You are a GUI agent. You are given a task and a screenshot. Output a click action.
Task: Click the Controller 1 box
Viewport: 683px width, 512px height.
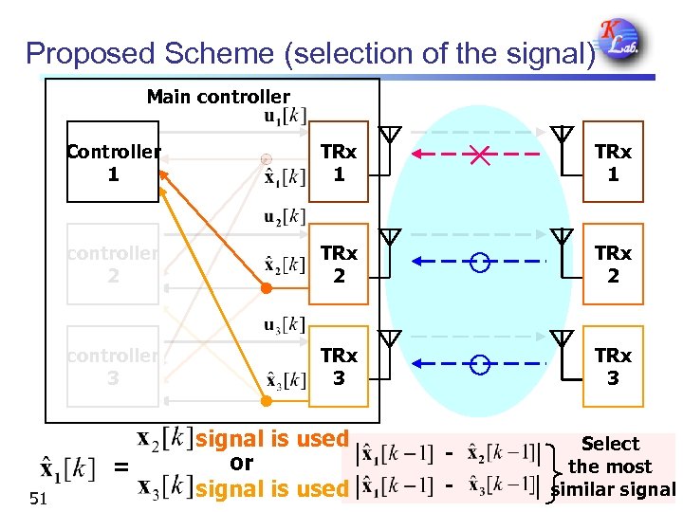[x=113, y=162]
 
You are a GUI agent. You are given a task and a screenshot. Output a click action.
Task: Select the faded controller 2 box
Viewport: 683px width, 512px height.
[x=113, y=264]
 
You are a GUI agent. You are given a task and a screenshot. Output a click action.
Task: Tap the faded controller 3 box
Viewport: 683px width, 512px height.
[x=113, y=366]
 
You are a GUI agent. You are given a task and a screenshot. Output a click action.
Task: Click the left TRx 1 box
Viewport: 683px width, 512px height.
[x=339, y=162]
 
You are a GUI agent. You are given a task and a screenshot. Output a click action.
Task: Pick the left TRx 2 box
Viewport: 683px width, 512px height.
[x=339, y=264]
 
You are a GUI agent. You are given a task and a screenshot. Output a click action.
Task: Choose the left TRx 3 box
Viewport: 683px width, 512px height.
[x=339, y=366]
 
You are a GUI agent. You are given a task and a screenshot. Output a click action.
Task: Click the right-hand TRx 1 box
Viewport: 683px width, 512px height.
[x=613, y=162]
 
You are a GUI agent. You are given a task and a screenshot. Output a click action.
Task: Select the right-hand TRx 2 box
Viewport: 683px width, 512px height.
[x=613, y=264]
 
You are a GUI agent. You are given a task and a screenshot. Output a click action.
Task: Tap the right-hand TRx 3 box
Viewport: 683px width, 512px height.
[x=613, y=366]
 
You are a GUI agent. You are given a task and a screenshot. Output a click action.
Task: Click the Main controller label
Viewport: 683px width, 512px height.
[x=218, y=97]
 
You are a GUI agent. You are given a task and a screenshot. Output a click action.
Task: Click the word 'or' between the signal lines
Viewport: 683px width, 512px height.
[x=241, y=463]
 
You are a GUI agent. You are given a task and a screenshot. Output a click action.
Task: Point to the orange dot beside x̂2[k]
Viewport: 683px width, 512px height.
[x=267, y=287]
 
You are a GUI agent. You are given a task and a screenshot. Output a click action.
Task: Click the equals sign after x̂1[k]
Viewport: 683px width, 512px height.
[x=120, y=466]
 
